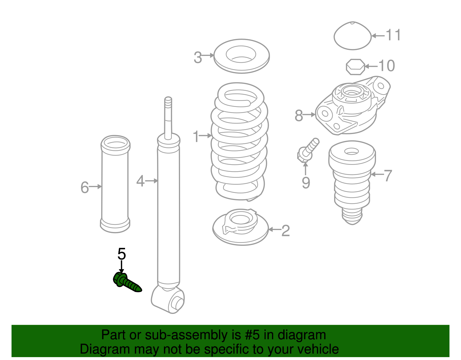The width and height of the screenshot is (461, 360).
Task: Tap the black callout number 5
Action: [122, 254]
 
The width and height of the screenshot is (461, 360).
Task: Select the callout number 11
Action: [393, 35]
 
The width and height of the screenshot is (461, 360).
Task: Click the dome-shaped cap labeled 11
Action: [352, 36]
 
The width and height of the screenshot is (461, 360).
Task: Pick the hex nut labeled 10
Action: [355, 67]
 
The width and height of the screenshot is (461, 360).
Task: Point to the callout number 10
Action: [386, 66]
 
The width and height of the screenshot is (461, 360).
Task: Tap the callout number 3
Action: [198, 57]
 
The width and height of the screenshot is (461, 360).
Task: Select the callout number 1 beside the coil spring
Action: [196, 136]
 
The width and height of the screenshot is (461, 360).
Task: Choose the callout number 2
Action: [285, 231]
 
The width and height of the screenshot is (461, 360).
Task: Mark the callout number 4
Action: [140, 181]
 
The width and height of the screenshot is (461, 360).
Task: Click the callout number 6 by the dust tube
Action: [84, 187]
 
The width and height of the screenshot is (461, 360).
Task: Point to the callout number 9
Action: [306, 183]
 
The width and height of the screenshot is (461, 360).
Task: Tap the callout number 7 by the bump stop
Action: [388, 176]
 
